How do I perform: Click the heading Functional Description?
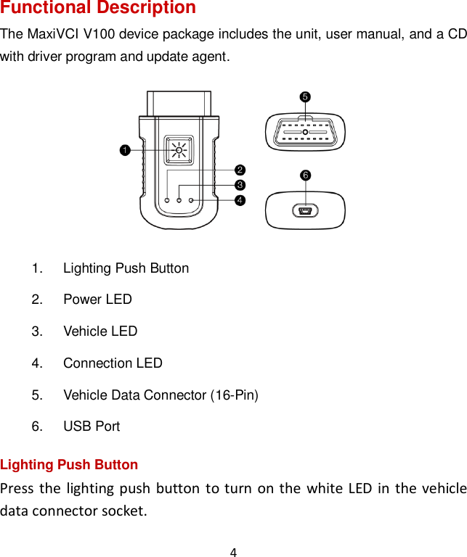(x=98, y=8)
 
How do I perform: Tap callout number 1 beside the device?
(x=125, y=150)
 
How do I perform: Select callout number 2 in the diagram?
(x=239, y=170)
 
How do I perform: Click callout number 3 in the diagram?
(x=239, y=185)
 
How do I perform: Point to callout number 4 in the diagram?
(x=239, y=199)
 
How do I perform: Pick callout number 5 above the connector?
(x=305, y=96)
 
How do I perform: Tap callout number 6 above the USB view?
(x=305, y=176)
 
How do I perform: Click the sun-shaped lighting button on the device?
(x=178, y=150)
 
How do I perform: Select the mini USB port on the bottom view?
(x=305, y=212)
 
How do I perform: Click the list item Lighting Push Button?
(x=126, y=268)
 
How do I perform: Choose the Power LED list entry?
(x=97, y=300)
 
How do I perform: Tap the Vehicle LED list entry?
(x=100, y=331)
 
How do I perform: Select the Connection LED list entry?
(x=113, y=363)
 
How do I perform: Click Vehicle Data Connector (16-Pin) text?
(x=161, y=395)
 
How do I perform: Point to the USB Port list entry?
(x=92, y=426)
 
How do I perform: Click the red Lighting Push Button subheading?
(x=69, y=465)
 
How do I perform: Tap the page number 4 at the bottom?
(x=233, y=553)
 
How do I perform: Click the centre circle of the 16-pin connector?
(x=305, y=132)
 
